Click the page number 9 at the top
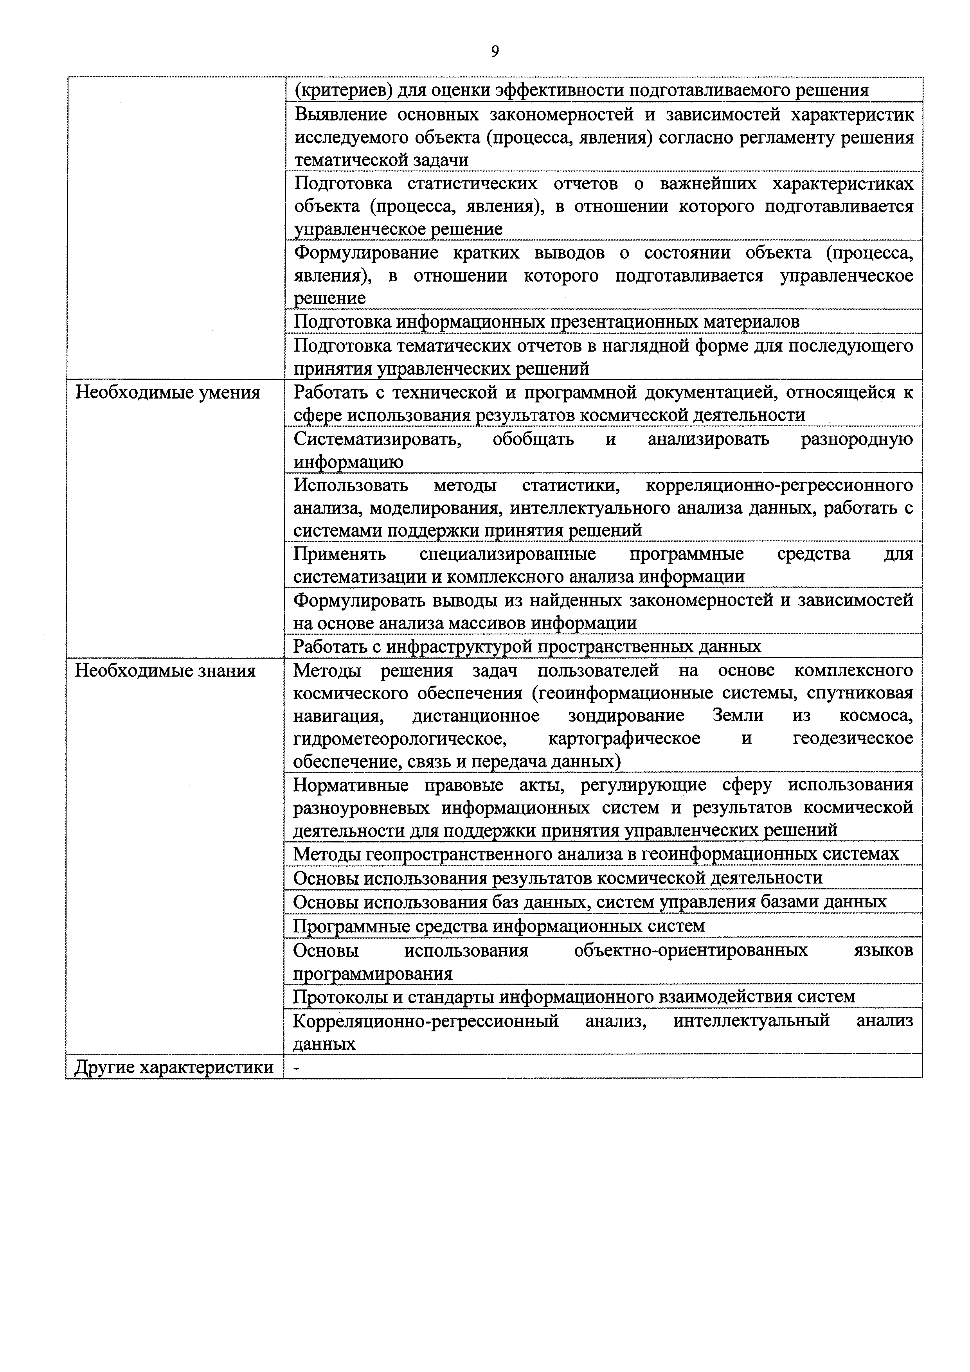(495, 52)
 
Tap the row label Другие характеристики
(174, 1067)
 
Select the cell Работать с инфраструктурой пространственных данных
(527, 646)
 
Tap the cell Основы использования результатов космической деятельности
(558, 877)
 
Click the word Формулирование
(366, 253)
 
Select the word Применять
(340, 554)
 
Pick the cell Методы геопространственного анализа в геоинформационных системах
(596, 854)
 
